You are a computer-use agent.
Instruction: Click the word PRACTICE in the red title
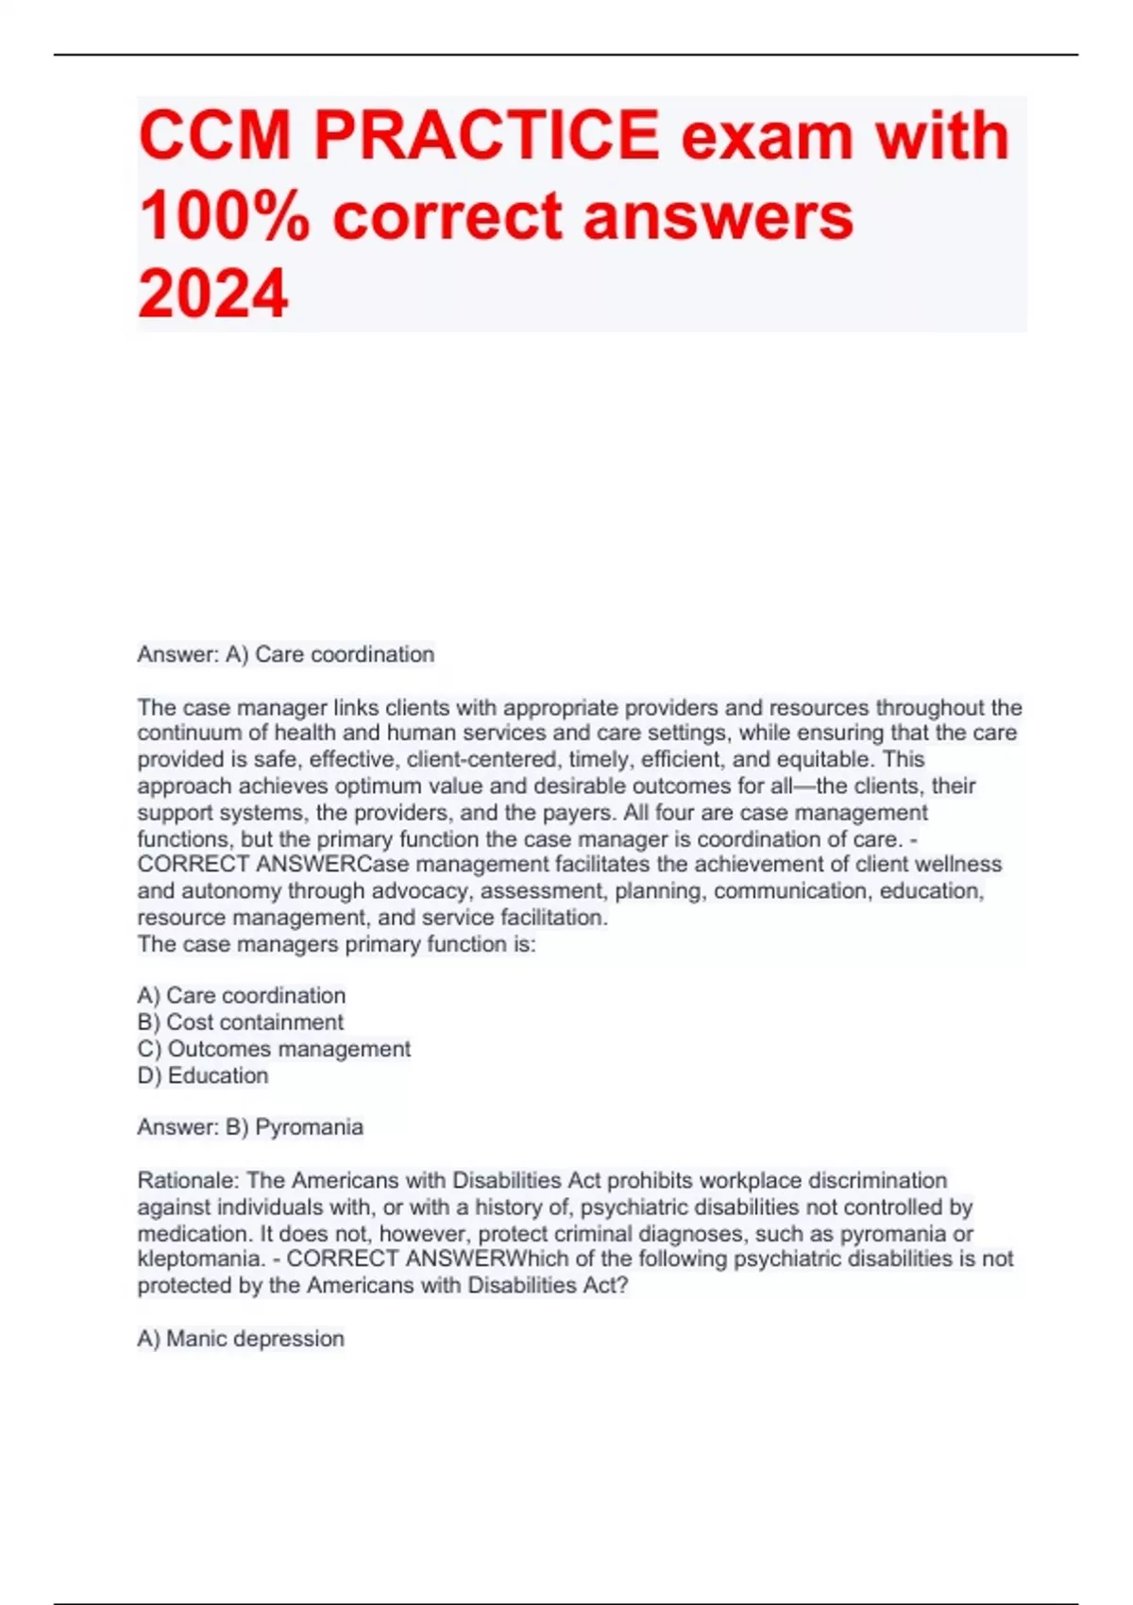pyautogui.click(x=485, y=136)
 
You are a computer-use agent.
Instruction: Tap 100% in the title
pyautogui.click(x=223, y=216)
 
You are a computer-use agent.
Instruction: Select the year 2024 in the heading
pyautogui.click(x=212, y=294)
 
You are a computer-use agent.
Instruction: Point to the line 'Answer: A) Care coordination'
pyautogui.click(x=285, y=654)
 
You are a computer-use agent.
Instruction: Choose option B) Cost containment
pyautogui.click(x=241, y=1022)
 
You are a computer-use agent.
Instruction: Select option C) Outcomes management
pyautogui.click(x=274, y=1049)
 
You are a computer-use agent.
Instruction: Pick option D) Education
pyautogui.click(x=203, y=1075)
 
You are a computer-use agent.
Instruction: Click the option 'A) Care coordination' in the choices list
pyautogui.click(x=242, y=995)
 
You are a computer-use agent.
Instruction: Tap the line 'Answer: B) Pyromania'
pyautogui.click(x=250, y=1127)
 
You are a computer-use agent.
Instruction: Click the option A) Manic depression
pyautogui.click(x=241, y=1339)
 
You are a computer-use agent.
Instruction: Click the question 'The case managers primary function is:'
pyautogui.click(x=336, y=944)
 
